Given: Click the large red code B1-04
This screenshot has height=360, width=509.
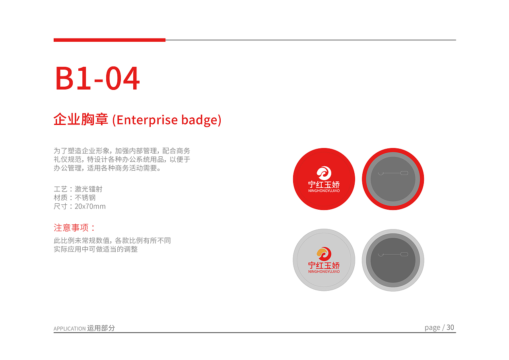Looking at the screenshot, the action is point(97,78).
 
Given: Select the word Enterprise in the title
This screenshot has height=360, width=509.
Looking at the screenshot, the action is point(147,120).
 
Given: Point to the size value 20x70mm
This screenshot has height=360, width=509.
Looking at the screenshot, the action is point(90,206).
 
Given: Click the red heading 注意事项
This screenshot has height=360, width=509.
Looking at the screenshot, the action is point(71,228).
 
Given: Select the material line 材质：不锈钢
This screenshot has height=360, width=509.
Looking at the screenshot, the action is point(74,198).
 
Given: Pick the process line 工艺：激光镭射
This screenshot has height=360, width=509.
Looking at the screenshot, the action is point(78,189).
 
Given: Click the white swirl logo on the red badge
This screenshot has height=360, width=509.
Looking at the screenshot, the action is point(324,173).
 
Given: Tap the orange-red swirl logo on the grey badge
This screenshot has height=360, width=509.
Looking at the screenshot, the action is point(324,254).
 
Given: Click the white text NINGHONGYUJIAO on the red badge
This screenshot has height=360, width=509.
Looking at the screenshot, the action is point(324,191).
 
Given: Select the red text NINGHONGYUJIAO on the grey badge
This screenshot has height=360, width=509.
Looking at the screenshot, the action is point(324,272).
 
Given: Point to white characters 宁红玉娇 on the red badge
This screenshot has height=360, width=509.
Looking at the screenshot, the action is point(324,184).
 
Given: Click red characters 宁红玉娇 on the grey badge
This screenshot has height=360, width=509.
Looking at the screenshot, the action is point(324,265).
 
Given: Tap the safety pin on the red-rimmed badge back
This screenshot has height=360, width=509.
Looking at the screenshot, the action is point(393,173).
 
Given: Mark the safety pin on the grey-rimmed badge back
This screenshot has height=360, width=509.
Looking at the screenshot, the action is point(393,254).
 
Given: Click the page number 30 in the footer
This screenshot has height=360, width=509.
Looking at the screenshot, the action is point(450,327).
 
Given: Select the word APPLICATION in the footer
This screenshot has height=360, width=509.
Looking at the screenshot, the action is point(70,329).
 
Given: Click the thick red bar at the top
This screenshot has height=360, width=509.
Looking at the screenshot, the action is point(109,40).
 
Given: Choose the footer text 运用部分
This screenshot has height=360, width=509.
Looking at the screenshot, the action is point(101,328).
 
